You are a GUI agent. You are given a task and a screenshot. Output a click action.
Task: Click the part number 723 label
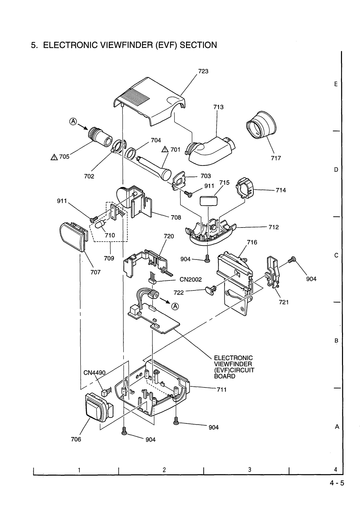point(203,71)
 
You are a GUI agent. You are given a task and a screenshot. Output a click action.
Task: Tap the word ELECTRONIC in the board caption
point(239,358)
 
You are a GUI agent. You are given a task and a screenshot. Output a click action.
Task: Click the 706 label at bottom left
point(76,439)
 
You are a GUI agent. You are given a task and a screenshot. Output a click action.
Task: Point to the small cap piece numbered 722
point(209,290)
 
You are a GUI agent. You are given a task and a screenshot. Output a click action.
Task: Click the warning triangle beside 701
point(165,150)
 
